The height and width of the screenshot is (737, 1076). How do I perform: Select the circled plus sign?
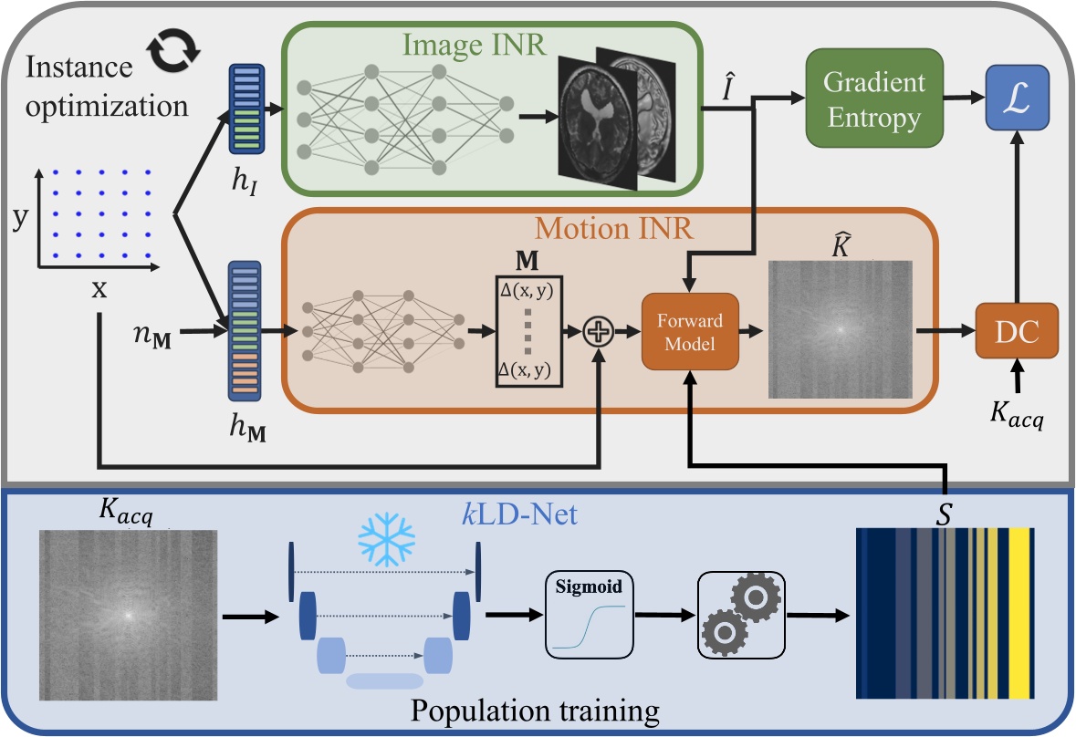pos(598,333)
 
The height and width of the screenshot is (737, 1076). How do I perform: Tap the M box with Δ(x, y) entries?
pos(528,330)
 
